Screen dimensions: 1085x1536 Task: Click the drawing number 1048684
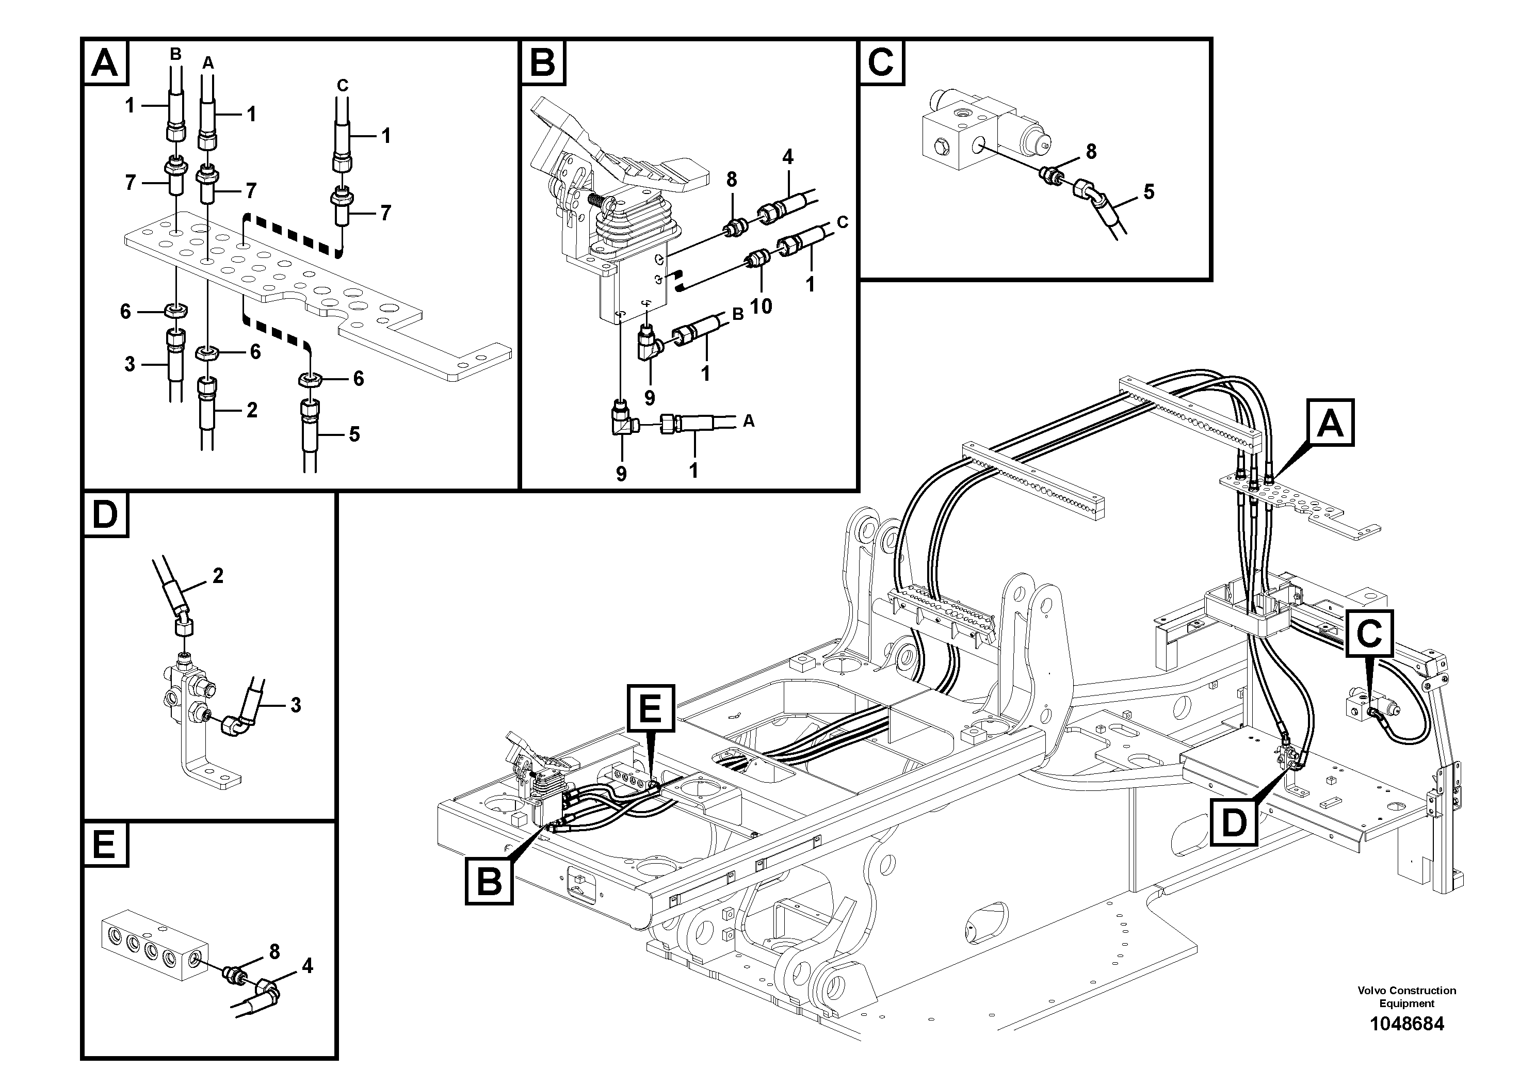click(1406, 1024)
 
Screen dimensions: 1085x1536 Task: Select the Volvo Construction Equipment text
click(1406, 997)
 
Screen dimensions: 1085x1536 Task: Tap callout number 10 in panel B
click(761, 306)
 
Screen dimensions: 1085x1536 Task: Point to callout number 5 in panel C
click(1149, 192)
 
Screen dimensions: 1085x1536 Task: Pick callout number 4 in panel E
click(307, 966)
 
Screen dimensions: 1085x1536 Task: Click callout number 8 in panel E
click(274, 950)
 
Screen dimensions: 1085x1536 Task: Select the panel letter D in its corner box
click(105, 515)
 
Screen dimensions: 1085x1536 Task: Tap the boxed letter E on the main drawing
click(651, 708)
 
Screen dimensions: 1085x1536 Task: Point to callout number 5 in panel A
click(354, 434)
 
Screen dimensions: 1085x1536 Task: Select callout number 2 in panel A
click(252, 409)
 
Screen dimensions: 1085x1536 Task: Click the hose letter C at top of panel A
click(342, 86)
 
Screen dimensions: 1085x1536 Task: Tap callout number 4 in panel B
click(787, 157)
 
